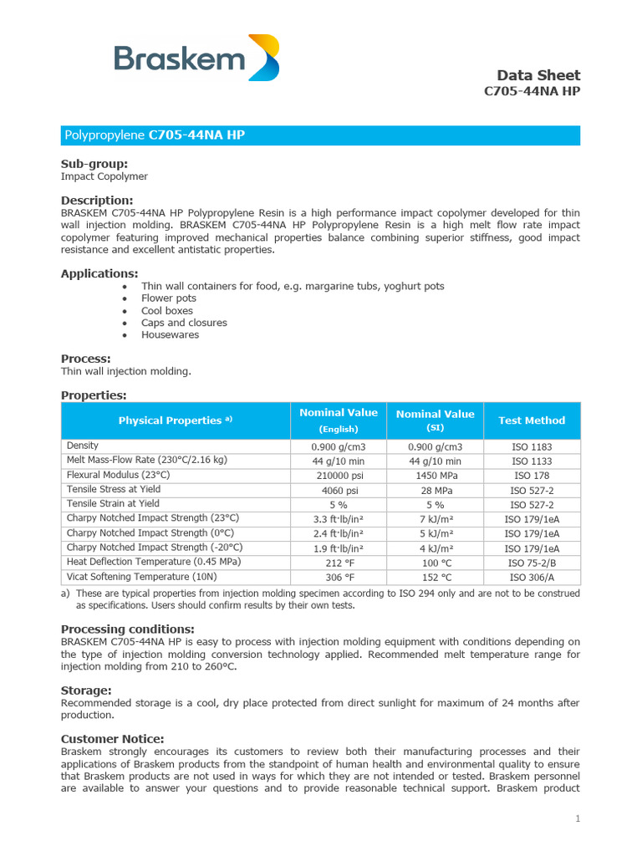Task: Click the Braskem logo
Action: click(196, 59)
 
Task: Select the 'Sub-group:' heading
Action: click(94, 164)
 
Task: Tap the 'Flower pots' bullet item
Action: click(169, 298)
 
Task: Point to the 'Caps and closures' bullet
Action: click(184, 323)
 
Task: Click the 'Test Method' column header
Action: click(532, 420)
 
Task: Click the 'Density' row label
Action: click(83, 446)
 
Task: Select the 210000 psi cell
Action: click(339, 476)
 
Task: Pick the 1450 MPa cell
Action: click(435, 476)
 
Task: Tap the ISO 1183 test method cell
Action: click(532, 447)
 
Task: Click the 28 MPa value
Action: click(435, 491)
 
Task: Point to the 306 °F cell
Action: click(339, 578)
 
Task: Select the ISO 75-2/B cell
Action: click(532, 563)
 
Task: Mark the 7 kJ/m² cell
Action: click(435, 520)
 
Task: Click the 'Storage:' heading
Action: click(86, 690)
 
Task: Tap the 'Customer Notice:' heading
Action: click(113, 739)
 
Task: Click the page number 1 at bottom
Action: click(577, 818)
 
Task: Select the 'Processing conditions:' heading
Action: click(128, 629)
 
